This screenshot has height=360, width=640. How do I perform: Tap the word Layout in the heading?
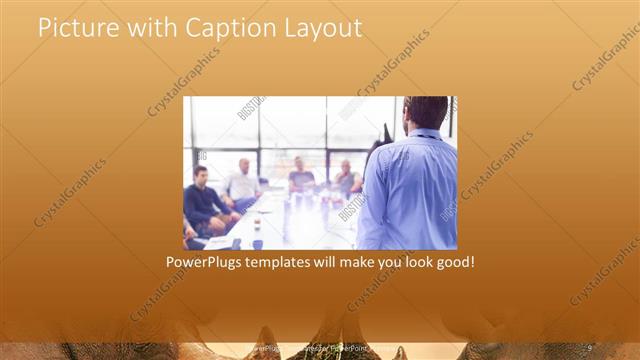[x=324, y=28]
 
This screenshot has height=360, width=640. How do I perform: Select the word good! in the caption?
[x=451, y=263]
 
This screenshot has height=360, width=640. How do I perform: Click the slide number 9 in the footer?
[x=589, y=347]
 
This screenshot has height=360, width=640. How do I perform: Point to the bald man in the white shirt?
[x=243, y=182]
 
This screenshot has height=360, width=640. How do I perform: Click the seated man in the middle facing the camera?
[x=301, y=177]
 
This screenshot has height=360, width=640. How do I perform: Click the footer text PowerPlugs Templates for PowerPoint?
[x=320, y=348]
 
